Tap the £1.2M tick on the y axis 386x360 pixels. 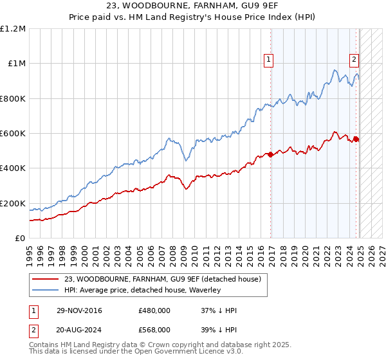pyautogui.click(x=13, y=29)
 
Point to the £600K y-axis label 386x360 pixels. pyautogui.click(x=13, y=134)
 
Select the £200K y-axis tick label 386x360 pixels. pyautogui.click(x=13, y=203)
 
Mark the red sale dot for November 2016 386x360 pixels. pyautogui.click(x=271, y=154)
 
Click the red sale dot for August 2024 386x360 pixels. pyautogui.click(x=356, y=139)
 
